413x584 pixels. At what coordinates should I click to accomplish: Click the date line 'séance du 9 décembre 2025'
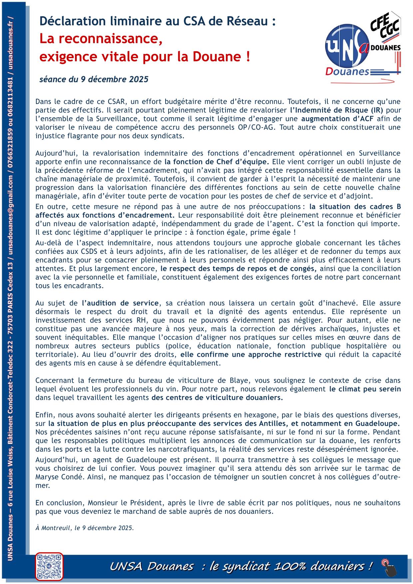[94, 80]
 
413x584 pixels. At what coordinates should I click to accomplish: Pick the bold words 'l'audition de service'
[120, 303]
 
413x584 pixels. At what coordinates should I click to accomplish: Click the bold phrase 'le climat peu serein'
[365, 389]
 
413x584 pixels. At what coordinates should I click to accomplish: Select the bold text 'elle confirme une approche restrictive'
[251, 354]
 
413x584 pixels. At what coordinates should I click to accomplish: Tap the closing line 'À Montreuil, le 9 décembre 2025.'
[85, 528]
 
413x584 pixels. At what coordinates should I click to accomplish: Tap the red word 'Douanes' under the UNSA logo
[347, 72]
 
